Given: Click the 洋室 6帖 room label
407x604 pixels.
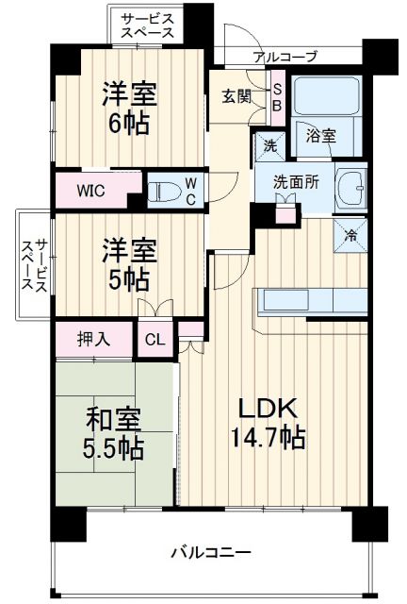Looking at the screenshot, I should [x=128, y=109].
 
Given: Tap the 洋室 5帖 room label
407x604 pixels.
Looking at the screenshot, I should [x=128, y=264].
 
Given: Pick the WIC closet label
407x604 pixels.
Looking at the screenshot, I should [x=90, y=190].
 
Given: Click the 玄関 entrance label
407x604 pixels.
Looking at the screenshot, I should [x=236, y=95].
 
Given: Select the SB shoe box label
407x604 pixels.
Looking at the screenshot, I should [x=278, y=96].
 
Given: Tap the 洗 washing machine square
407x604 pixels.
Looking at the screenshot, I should [x=269, y=147].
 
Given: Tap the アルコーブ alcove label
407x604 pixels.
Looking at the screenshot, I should [x=285, y=56].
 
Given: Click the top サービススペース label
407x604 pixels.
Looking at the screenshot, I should [x=147, y=25].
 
